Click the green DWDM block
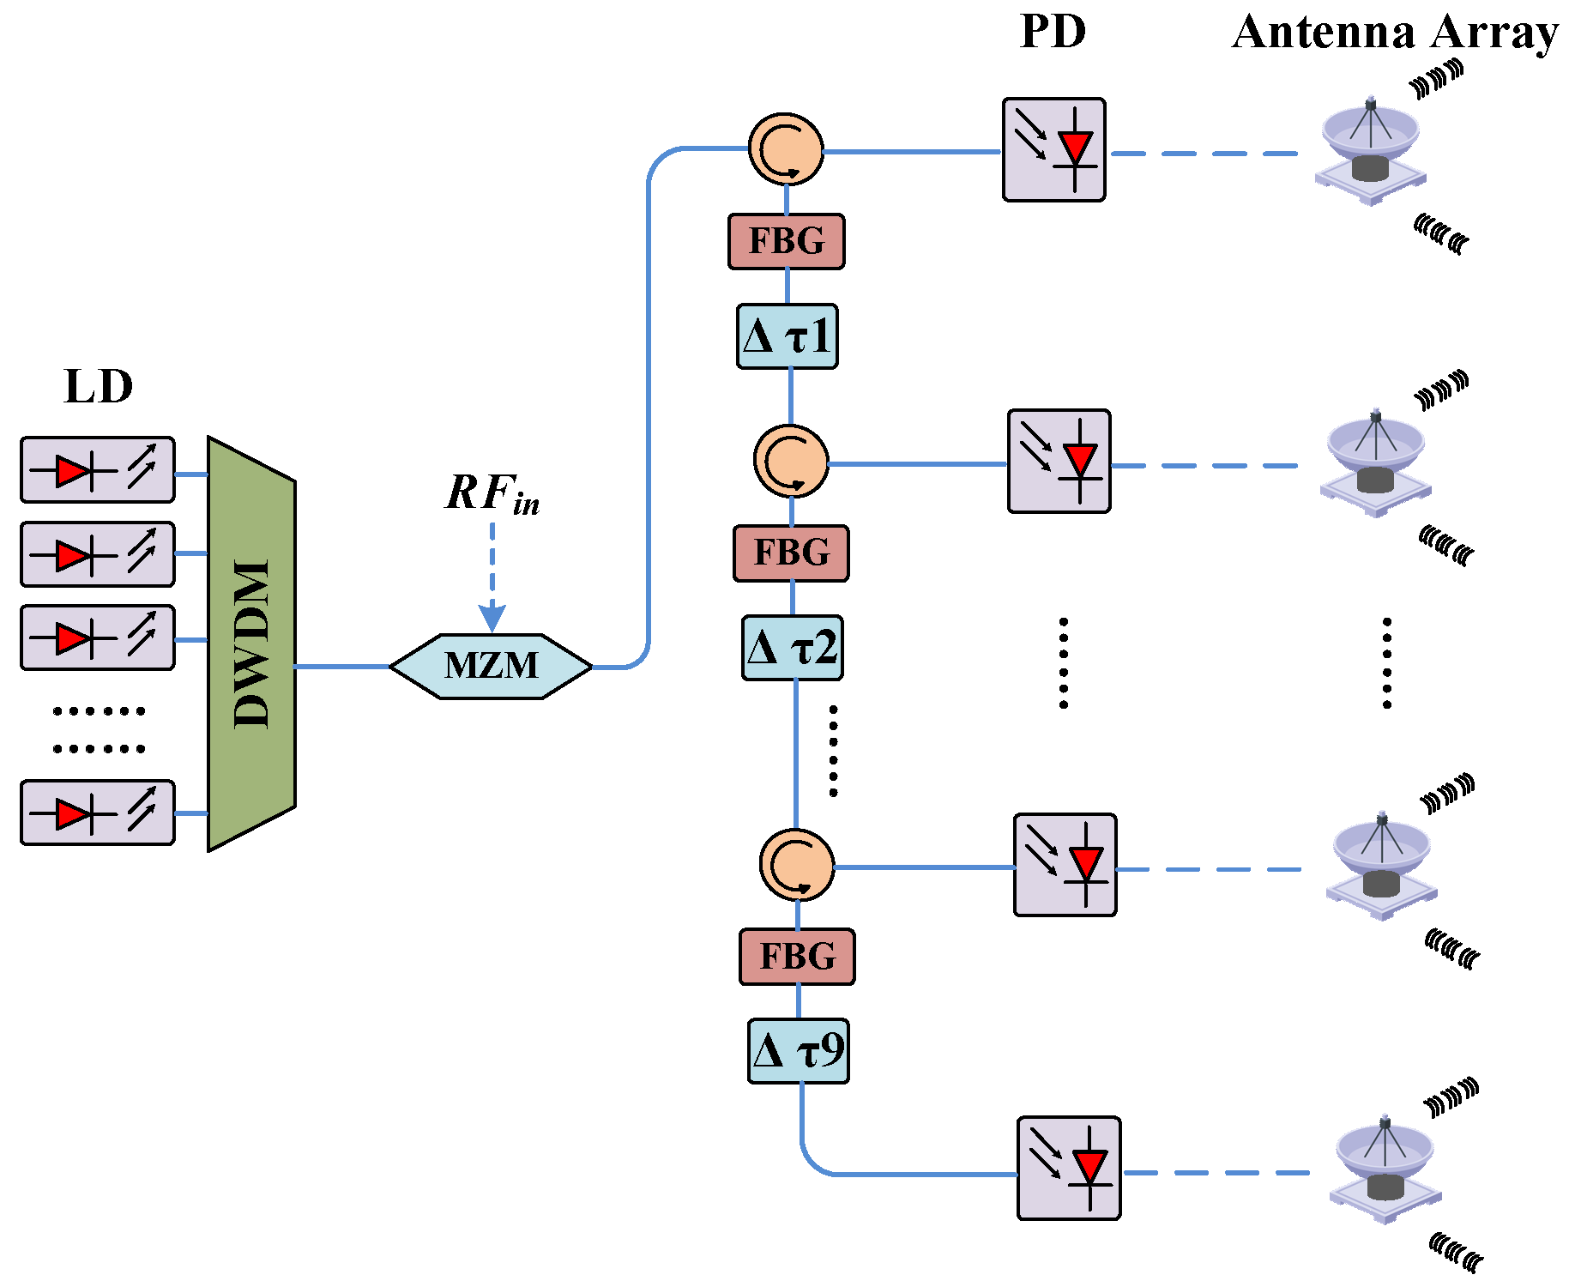click(251, 643)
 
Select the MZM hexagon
click(491, 667)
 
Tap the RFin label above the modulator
click(492, 494)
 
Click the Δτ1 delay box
click(787, 336)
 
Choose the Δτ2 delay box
click(792, 648)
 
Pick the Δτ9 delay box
click(798, 1051)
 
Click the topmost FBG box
click(786, 241)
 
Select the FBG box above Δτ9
click(797, 956)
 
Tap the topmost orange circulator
click(786, 149)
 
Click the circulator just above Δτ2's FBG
click(791, 461)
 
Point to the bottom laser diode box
click(98, 813)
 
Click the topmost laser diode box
click(98, 470)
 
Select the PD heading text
click(1053, 33)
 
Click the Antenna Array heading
click(1395, 33)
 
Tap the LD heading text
click(99, 387)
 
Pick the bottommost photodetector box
click(1069, 1168)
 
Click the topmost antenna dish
click(1370, 150)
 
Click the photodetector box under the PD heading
click(1053, 150)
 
